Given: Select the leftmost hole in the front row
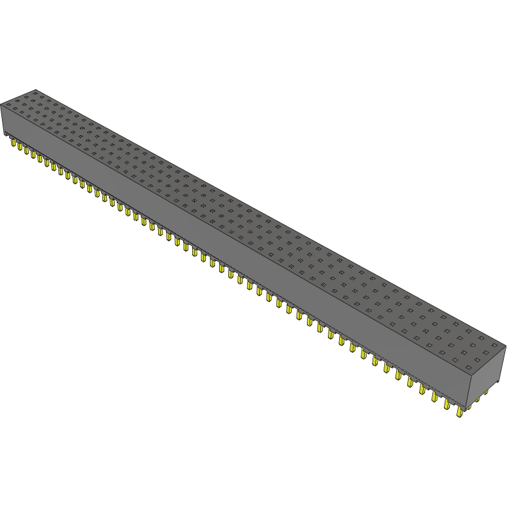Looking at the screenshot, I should pyautogui.click(x=7, y=104).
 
